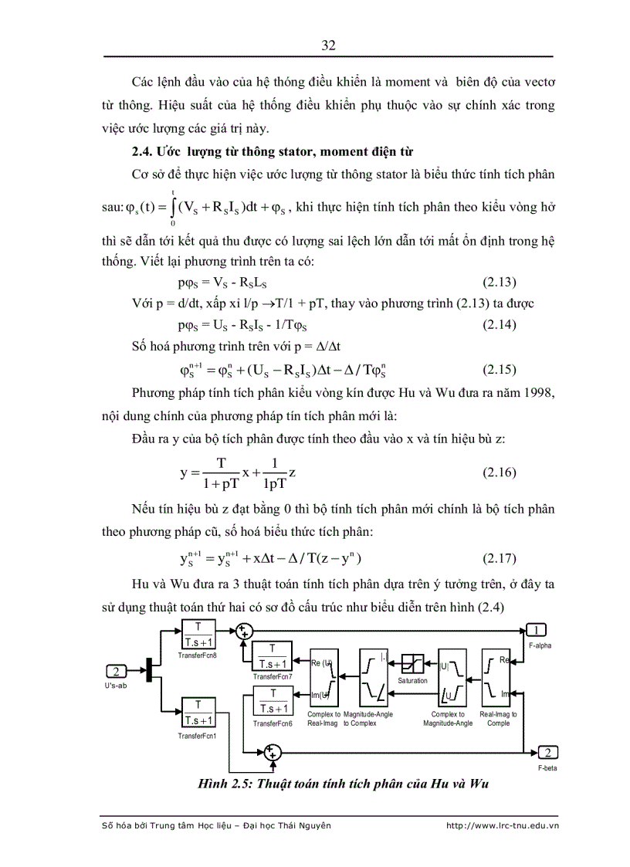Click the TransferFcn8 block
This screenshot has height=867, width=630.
click(x=198, y=636)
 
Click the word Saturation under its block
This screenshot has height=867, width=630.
click(x=412, y=681)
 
